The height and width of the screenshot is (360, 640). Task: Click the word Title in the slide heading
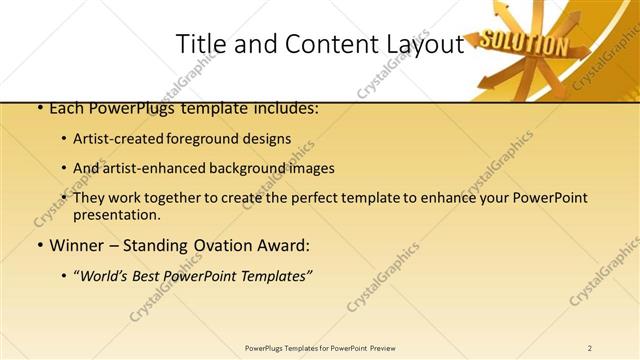[198, 44]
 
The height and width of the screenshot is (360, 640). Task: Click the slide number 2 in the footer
[590, 348]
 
